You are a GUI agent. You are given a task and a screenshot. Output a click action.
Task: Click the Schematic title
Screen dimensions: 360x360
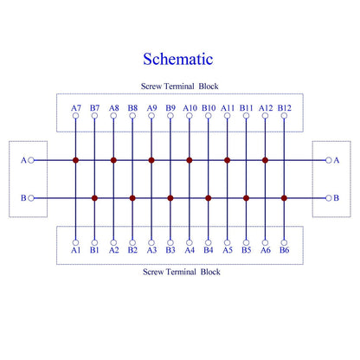point(178,59)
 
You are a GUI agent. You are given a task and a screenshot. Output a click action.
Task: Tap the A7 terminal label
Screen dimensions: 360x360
point(76,108)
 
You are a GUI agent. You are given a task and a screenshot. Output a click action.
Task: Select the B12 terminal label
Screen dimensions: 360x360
point(285,108)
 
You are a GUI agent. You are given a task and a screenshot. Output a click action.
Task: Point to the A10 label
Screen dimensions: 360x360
point(190,108)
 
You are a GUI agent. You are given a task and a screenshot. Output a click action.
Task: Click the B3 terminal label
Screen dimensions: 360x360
point(170,250)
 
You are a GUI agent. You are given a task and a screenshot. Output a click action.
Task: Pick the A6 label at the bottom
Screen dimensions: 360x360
point(266,250)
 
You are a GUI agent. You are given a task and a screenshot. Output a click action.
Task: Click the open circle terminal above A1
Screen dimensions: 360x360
point(75,242)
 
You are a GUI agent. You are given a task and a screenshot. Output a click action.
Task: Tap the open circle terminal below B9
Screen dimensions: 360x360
point(170,116)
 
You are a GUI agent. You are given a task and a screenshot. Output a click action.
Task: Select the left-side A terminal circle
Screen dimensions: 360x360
point(31,160)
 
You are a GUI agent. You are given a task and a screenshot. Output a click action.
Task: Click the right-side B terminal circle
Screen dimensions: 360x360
point(329,198)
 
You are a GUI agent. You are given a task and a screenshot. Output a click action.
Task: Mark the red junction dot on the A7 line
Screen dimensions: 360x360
point(75,160)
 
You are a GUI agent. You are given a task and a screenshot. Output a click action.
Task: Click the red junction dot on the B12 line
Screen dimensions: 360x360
point(284,198)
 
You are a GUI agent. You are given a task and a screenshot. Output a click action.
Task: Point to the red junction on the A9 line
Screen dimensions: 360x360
point(151,160)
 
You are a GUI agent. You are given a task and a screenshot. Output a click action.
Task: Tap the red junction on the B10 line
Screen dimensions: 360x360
point(209,198)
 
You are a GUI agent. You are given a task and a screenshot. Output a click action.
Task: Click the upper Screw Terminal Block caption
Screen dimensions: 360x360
point(179,87)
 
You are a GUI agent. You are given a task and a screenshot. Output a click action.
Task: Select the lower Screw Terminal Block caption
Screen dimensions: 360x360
point(182,272)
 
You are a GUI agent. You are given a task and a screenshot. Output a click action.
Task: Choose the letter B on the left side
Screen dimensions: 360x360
point(23,198)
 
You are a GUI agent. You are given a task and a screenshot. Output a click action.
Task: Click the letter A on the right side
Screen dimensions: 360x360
point(337,160)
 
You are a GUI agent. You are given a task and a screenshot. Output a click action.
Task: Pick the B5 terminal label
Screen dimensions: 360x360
point(247,250)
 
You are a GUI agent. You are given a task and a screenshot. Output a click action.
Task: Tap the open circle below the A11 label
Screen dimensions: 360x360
point(228,116)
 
